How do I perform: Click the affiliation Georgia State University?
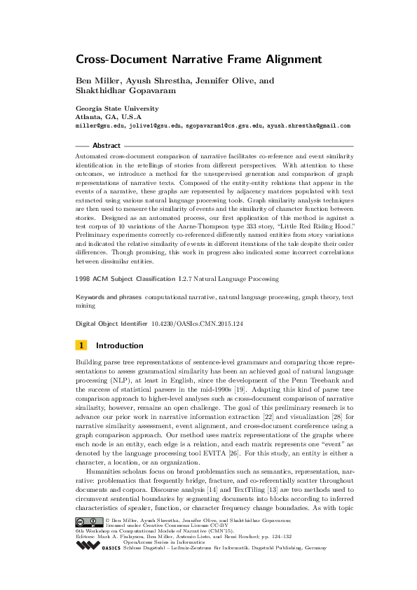tap(117, 109)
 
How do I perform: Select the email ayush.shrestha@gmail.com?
tap(310, 126)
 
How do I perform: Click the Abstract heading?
tap(107, 145)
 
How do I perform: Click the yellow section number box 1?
tap(82, 345)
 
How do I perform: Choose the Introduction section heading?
tap(120, 345)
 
